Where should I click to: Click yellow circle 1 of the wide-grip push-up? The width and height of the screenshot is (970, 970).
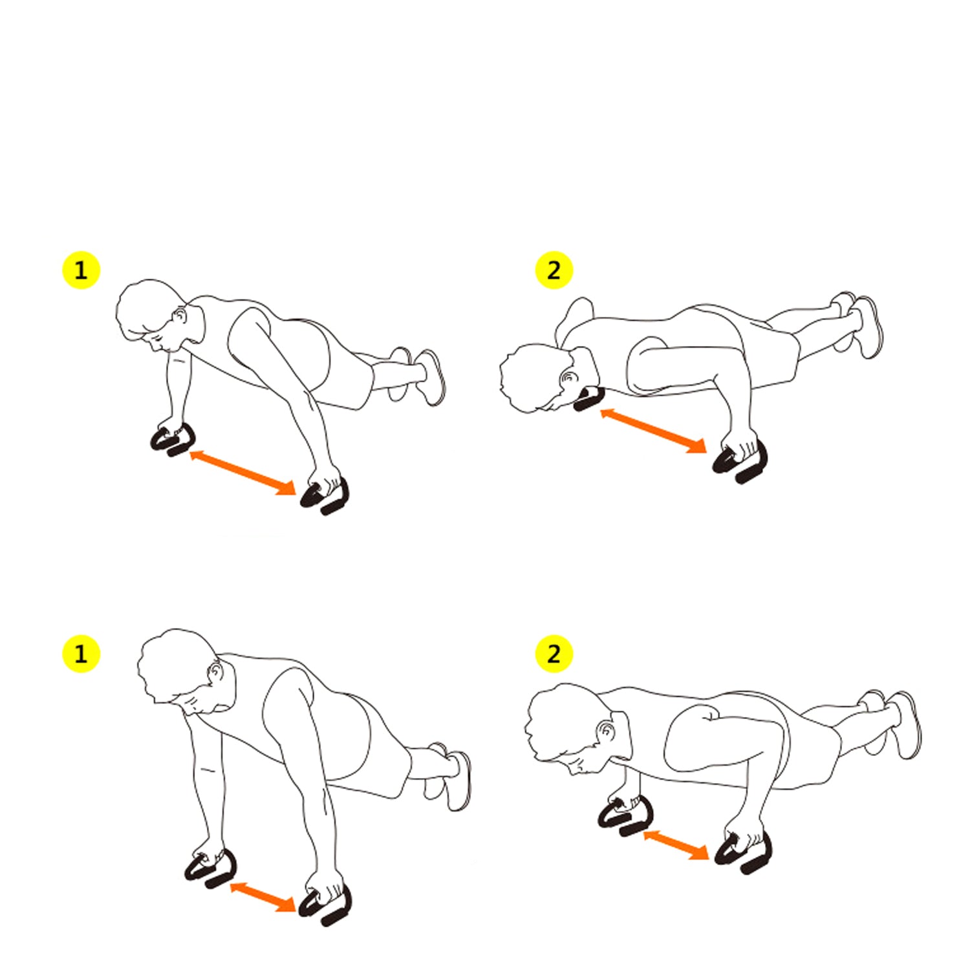(x=81, y=270)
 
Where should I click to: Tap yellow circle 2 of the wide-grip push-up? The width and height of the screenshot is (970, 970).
(x=554, y=270)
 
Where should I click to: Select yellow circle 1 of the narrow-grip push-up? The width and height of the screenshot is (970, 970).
(x=81, y=654)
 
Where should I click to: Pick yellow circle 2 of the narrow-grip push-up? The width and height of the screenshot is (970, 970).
(x=554, y=654)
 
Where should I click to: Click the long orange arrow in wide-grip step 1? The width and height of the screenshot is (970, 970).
(x=242, y=473)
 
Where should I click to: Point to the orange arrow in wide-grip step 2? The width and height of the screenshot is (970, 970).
(x=653, y=430)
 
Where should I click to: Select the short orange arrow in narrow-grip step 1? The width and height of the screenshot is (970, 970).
(x=263, y=897)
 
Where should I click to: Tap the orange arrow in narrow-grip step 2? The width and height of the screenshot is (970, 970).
(x=676, y=845)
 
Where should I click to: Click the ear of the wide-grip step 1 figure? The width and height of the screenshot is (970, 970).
(x=180, y=317)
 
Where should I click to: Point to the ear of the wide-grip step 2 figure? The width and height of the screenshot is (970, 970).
(x=569, y=377)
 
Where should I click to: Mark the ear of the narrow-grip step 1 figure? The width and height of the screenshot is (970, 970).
(x=217, y=673)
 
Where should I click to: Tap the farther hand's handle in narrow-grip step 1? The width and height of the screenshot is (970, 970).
(x=211, y=870)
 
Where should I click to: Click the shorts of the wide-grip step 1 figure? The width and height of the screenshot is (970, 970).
(x=336, y=362)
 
